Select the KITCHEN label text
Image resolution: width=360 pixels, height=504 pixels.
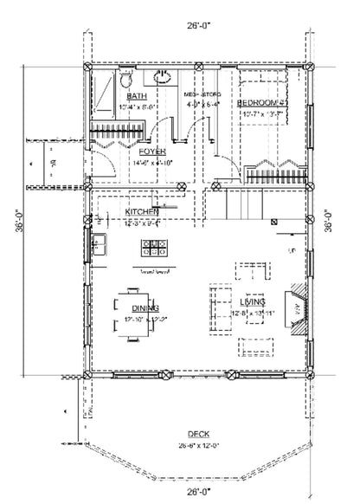(x=141, y=212)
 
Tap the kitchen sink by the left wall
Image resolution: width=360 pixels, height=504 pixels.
(x=100, y=240)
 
